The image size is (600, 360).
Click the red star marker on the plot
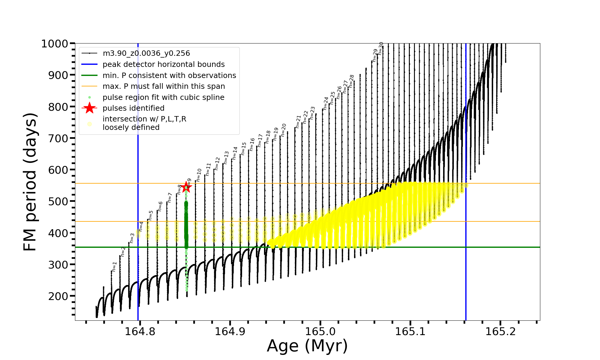[x=186, y=187]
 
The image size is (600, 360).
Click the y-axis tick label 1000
[x=55, y=44]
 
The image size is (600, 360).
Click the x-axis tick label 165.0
[x=320, y=331]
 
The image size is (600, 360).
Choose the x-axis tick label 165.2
[x=500, y=331]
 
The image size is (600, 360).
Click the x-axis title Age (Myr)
[x=307, y=346]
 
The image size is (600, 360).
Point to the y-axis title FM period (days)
[x=30, y=182]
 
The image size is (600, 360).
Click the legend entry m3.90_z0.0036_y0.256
[x=146, y=53]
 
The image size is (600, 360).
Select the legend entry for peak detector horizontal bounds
[x=163, y=64]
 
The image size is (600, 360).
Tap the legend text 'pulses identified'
[x=133, y=108]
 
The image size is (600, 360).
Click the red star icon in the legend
[x=89, y=108]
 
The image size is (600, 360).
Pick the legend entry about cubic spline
[x=163, y=97]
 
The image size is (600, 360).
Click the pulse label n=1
[x=114, y=266]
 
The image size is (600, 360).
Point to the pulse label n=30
[x=381, y=48]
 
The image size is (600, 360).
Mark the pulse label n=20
[x=283, y=130]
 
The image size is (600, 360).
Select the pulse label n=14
[x=235, y=153]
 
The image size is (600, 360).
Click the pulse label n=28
[x=352, y=81]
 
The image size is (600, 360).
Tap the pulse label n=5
[x=151, y=215]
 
